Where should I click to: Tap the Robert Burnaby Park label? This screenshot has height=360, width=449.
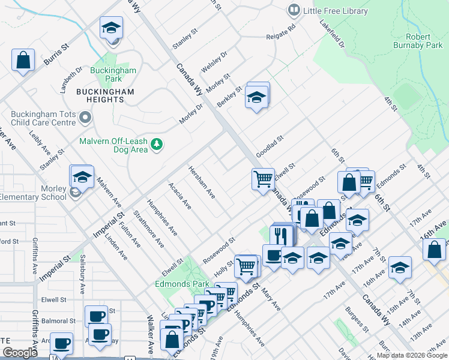418,40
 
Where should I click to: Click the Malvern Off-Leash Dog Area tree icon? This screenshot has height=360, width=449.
157,144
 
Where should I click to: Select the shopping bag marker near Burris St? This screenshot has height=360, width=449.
23,60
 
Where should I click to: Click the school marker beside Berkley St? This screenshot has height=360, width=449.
256,97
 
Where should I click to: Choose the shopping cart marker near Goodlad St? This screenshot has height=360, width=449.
263,179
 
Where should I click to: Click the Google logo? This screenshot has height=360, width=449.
20,352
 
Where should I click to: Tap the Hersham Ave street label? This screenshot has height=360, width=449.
202,182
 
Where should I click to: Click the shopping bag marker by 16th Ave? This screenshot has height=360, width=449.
436,248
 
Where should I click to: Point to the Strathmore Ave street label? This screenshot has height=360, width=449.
148,229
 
